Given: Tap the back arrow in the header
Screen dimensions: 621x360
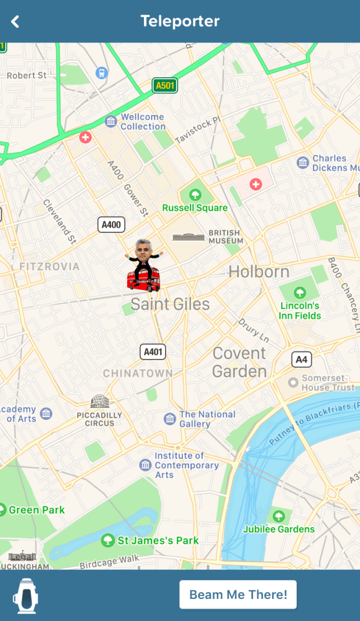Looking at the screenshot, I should pos(15,21).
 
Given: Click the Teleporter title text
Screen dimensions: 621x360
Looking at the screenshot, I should pos(180,21).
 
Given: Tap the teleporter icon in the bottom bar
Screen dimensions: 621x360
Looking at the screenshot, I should pos(26,595).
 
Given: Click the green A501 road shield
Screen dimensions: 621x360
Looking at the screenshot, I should pos(165,86).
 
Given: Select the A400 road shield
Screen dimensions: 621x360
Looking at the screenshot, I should pos(111,225).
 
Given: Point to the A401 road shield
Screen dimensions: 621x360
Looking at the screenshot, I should pos(153,351).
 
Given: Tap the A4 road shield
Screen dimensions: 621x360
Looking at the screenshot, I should pos(301,359).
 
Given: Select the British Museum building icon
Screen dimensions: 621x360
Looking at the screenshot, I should pos(189,236).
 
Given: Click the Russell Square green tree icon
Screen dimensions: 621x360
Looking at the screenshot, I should pos(195,195).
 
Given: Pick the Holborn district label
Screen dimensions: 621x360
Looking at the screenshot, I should pos(258,271).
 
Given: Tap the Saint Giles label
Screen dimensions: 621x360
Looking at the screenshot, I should pos(170,304).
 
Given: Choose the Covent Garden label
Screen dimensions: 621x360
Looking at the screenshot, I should pos(239,362).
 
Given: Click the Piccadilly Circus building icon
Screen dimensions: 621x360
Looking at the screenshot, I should pos(100,401).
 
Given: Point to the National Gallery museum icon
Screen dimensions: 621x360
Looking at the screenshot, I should pos(170,419).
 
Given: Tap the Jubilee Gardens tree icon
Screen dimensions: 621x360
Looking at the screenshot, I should pos(279,516).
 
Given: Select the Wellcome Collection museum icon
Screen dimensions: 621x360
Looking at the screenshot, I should pos(111,121).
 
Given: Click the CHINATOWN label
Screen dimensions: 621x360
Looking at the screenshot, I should pos(138,373).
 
